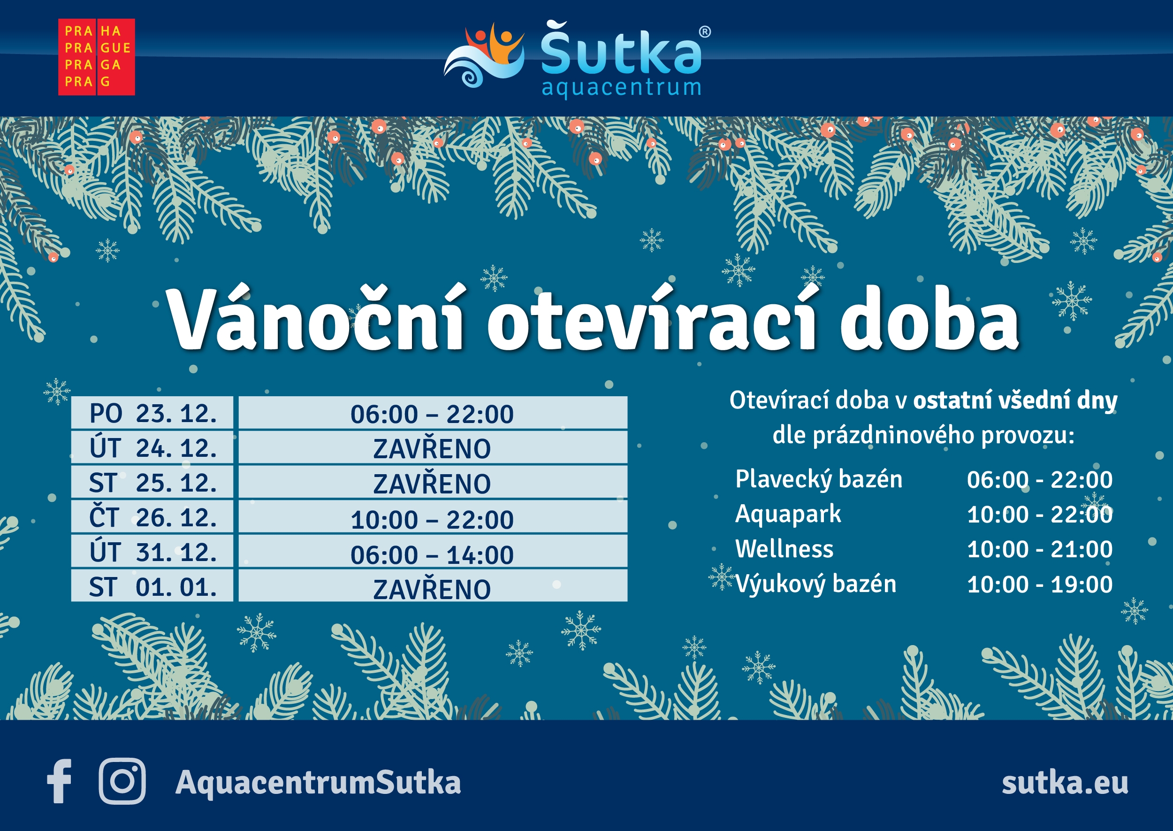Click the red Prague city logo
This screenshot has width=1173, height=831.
pyautogui.click(x=97, y=57)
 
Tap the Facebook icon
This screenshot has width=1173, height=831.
pyautogui.click(x=59, y=781)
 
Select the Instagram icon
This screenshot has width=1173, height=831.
pyautogui.click(x=122, y=781)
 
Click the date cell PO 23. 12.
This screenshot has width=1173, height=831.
pyautogui.click(x=152, y=412)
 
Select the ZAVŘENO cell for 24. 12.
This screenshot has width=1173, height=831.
pyautogui.click(x=433, y=448)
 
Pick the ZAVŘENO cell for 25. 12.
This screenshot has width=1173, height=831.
pyautogui.click(x=433, y=483)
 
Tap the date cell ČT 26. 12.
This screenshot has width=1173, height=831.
pyautogui.click(x=152, y=517)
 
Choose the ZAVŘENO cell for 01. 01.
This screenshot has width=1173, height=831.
pyautogui.click(x=433, y=586)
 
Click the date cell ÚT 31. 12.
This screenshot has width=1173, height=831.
pyautogui.click(x=152, y=552)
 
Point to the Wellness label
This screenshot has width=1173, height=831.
pyautogui.click(x=784, y=548)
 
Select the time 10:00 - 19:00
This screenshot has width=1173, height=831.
pyautogui.click(x=1040, y=585)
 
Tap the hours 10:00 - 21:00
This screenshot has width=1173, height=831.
pyautogui.click(x=1040, y=549)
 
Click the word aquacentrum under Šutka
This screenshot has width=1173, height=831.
pyautogui.click(x=621, y=88)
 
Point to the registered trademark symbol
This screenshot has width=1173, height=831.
pyautogui.click(x=705, y=32)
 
